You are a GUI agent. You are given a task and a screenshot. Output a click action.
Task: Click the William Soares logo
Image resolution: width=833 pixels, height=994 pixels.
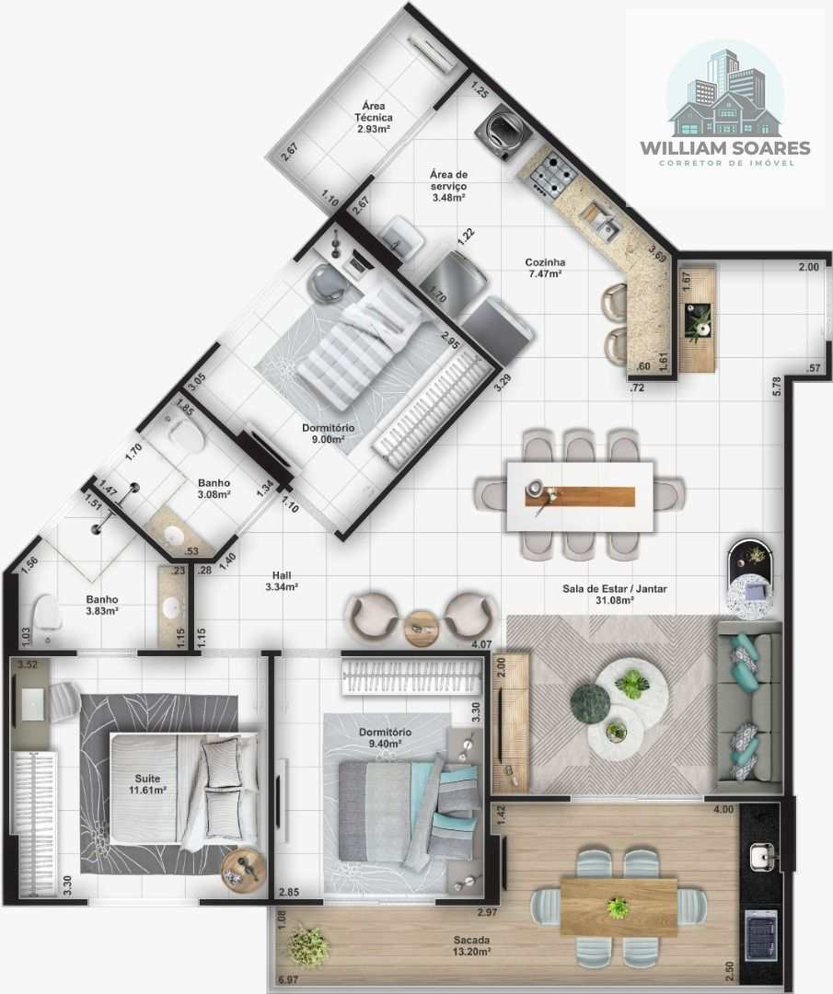pyautogui.click(x=725, y=105)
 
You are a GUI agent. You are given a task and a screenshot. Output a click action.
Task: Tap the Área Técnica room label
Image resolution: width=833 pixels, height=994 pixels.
pyautogui.click(x=374, y=117)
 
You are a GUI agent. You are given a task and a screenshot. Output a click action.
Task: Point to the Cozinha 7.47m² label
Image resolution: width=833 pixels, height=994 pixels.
pyautogui.click(x=545, y=268)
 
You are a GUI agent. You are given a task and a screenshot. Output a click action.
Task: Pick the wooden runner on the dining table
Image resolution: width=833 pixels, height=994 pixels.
pyautogui.click(x=580, y=496)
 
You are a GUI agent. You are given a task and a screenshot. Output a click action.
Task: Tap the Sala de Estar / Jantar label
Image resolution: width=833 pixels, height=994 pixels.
pyautogui.click(x=614, y=594)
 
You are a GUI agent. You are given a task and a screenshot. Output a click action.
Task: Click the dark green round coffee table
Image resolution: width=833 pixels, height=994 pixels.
pyautogui.click(x=591, y=702)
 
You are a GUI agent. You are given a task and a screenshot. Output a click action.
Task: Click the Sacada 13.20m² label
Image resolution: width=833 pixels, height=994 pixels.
pyautogui.click(x=471, y=946)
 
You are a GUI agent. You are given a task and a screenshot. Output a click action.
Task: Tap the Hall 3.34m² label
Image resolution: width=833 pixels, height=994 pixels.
pyautogui.click(x=282, y=581)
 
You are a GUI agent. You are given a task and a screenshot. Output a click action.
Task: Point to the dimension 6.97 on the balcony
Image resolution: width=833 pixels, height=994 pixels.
pyautogui.click(x=288, y=979)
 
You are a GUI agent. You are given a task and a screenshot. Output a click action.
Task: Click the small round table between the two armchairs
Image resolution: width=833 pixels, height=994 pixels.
pyautogui.click(x=422, y=629)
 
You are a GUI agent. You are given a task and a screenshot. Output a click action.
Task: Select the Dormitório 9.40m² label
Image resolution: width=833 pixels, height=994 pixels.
pyautogui.click(x=384, y=737)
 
